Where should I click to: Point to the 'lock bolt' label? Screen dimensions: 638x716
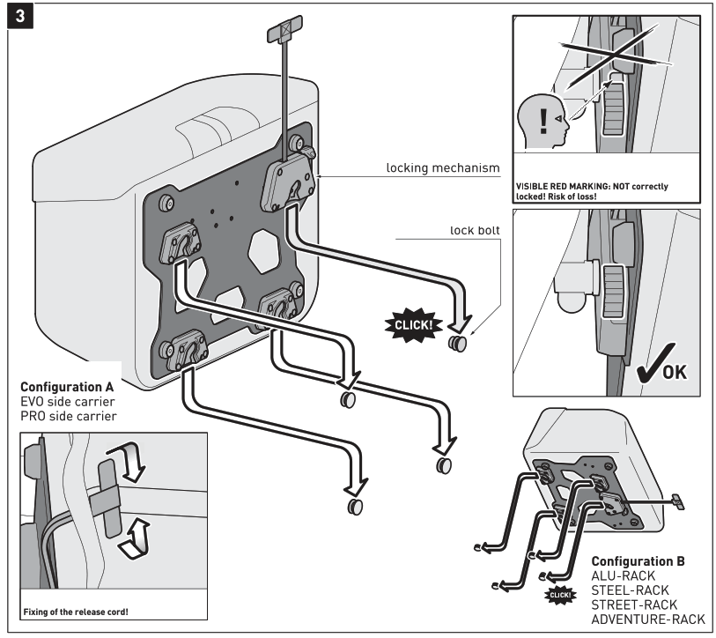[x=475, y=230]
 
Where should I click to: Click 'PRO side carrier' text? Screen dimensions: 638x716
[x=68, y=415]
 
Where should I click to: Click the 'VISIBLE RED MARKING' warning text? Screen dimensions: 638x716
[x=591, y=191]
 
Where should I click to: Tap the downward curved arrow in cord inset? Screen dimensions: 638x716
[x=135, y=464]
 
